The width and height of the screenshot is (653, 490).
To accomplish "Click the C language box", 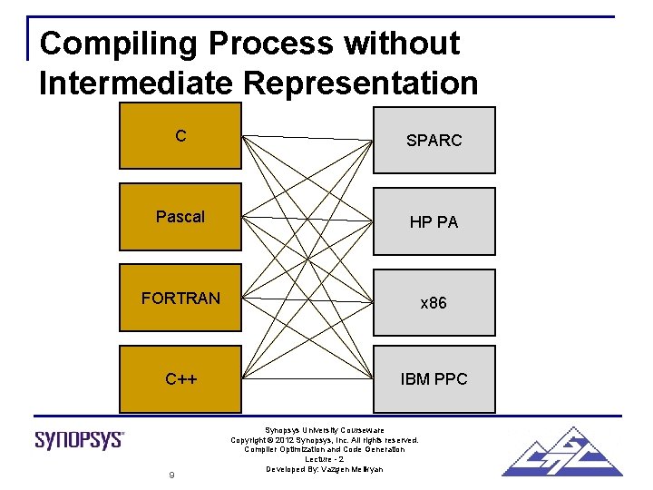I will click(180, 136).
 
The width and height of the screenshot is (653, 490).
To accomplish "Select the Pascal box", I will click(180, 217).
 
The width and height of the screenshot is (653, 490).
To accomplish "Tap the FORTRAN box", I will click(180, 298).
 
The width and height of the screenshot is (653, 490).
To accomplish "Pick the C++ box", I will click(180, 378).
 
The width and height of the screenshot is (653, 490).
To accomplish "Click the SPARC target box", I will click(434, 141).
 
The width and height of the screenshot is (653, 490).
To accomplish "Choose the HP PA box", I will click(434, 221).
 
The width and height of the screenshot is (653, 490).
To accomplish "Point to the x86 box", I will click(434, 302).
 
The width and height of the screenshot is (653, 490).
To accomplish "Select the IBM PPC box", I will click(434, 378).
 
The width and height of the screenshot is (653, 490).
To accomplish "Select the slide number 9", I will click(171, 475).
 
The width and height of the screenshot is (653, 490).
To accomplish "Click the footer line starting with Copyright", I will click(325, 439).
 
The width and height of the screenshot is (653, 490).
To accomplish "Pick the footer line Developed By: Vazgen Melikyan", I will click(325, 469).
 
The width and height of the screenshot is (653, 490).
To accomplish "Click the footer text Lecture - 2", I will click(325, 459).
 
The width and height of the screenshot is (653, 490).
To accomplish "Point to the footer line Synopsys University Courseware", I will click(325, 429).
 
